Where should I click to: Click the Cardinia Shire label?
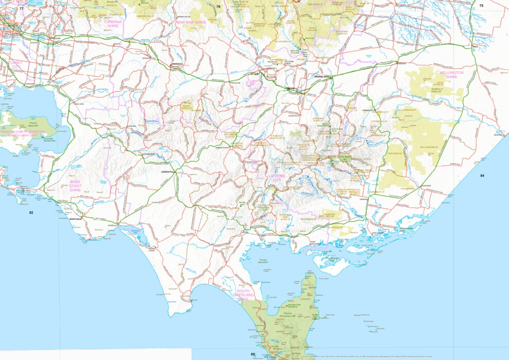112,24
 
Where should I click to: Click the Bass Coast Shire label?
75,186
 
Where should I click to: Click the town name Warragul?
177,64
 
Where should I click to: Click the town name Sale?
475,46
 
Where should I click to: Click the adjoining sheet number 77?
22,8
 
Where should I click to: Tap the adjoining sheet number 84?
482,176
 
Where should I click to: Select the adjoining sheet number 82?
31,212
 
